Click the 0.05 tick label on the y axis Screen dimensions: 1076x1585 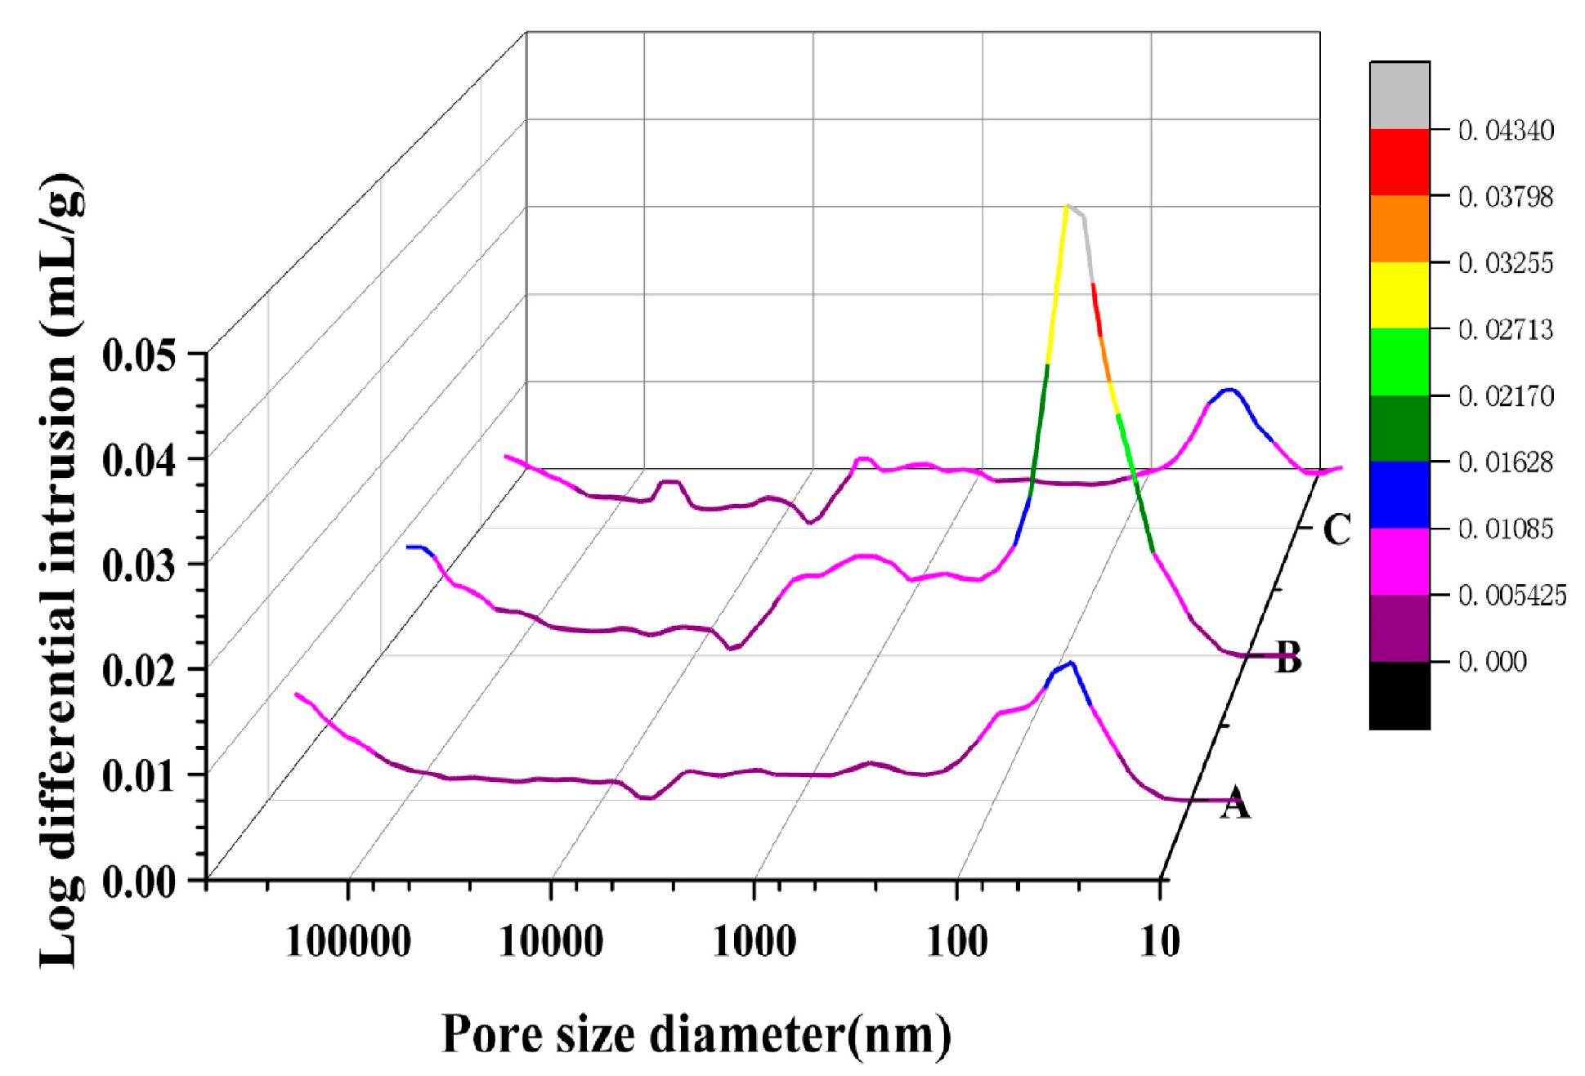coord(139,356)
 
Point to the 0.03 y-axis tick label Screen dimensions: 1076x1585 coord(139,565)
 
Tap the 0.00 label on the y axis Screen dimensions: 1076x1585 coord(139,882)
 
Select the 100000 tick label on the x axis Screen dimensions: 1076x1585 coord(348,942)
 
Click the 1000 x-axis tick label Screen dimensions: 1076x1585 coord(754,942)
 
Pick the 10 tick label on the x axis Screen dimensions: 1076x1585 coord(1159,942)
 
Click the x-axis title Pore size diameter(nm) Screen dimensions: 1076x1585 coord(696,1034)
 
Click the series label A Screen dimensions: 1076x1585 coord(1235,802)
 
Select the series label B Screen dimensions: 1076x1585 coord(1288,658)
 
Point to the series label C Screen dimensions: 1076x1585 coord(1337,529)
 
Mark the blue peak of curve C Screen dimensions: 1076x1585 coord(1229,393)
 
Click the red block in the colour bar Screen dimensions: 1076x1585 coord(1399,162)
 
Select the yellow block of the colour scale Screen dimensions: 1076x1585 coord(1399,295)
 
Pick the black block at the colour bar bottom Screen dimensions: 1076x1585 coord(1399,695)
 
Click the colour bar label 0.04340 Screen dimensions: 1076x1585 coord(1506,131)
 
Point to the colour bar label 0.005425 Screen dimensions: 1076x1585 coord(1511,596)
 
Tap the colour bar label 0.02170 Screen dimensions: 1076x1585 coord(1506,396)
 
